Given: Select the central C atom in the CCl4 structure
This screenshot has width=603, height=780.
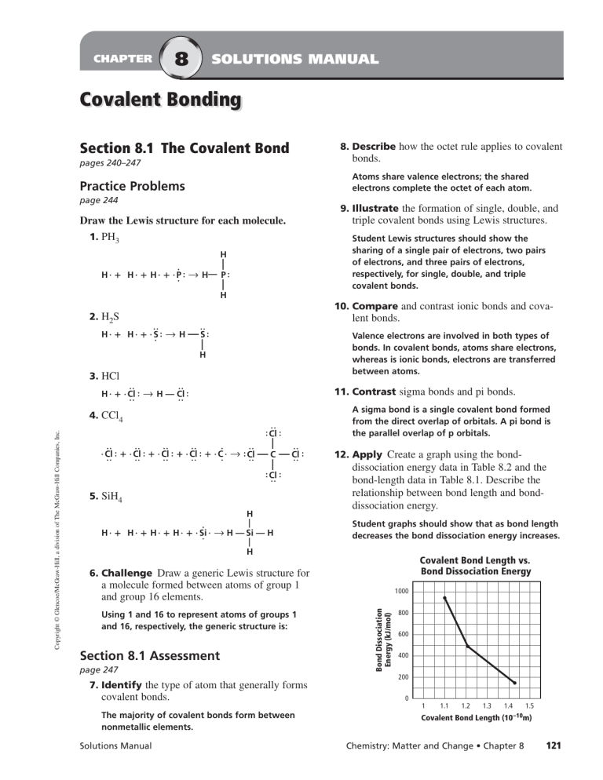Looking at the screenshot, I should (x=271, y=453).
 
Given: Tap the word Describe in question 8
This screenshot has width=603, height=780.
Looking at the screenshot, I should (x=375, y=147).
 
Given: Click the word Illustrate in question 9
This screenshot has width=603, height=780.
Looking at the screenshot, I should (x=378, y=209).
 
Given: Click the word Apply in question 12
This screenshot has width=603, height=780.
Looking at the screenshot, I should (x=367, y=454).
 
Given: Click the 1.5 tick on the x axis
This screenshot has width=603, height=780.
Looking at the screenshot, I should (x=530, y=707).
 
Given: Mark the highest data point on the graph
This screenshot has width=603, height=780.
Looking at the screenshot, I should (x=445, y=598).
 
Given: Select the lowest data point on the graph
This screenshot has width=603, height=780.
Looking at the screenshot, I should (x=513, y=683).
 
